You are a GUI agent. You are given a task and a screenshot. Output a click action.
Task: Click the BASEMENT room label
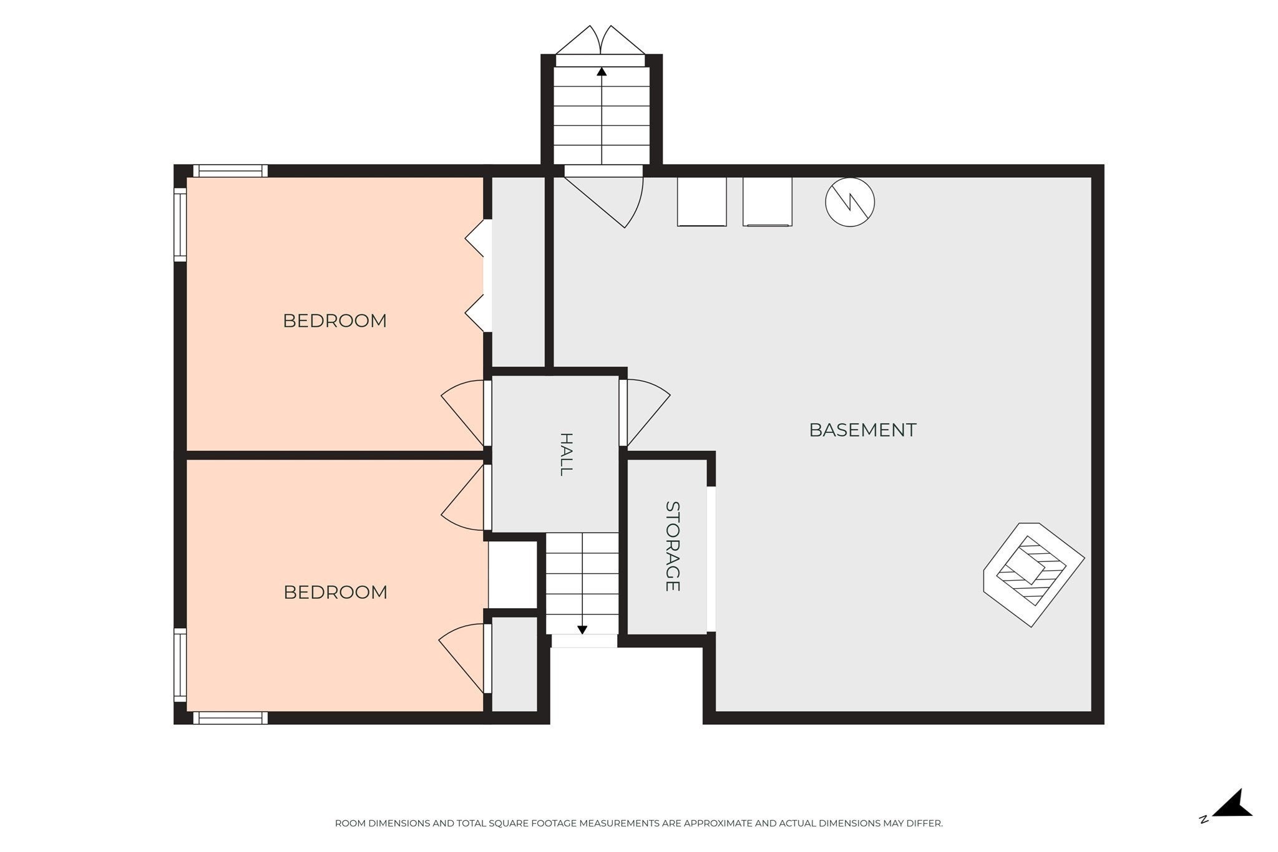(862, 430)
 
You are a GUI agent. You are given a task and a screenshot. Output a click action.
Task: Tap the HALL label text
(565, 455)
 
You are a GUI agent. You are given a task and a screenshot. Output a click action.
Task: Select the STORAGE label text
(672, 546)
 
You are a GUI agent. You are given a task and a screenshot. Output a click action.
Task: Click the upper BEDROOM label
(334, 321)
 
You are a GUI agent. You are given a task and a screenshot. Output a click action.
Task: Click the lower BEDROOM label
(335, 592)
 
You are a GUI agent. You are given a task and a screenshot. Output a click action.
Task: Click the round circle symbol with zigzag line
(849, 201)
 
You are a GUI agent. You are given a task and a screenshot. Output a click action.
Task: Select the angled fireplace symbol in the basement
(1033, 574)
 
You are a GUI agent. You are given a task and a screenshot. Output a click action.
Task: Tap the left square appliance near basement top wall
(702, 201)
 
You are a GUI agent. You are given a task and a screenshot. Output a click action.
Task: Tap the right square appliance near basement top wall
(768, 201)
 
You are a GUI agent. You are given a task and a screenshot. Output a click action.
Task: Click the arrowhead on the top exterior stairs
(602, 72)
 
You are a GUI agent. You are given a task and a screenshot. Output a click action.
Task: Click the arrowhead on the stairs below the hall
(582, 630)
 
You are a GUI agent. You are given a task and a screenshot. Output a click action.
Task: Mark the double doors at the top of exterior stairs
(600, 41)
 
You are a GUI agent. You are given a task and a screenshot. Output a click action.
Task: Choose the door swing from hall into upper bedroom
(463, 412)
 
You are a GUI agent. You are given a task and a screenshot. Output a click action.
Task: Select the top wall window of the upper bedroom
(230, 171)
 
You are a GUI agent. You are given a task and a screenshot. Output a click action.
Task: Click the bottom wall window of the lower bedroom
(230, 718)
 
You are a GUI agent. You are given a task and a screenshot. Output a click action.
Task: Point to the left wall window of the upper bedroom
(180, 225)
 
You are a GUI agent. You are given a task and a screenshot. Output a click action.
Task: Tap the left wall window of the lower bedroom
(180, 666)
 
